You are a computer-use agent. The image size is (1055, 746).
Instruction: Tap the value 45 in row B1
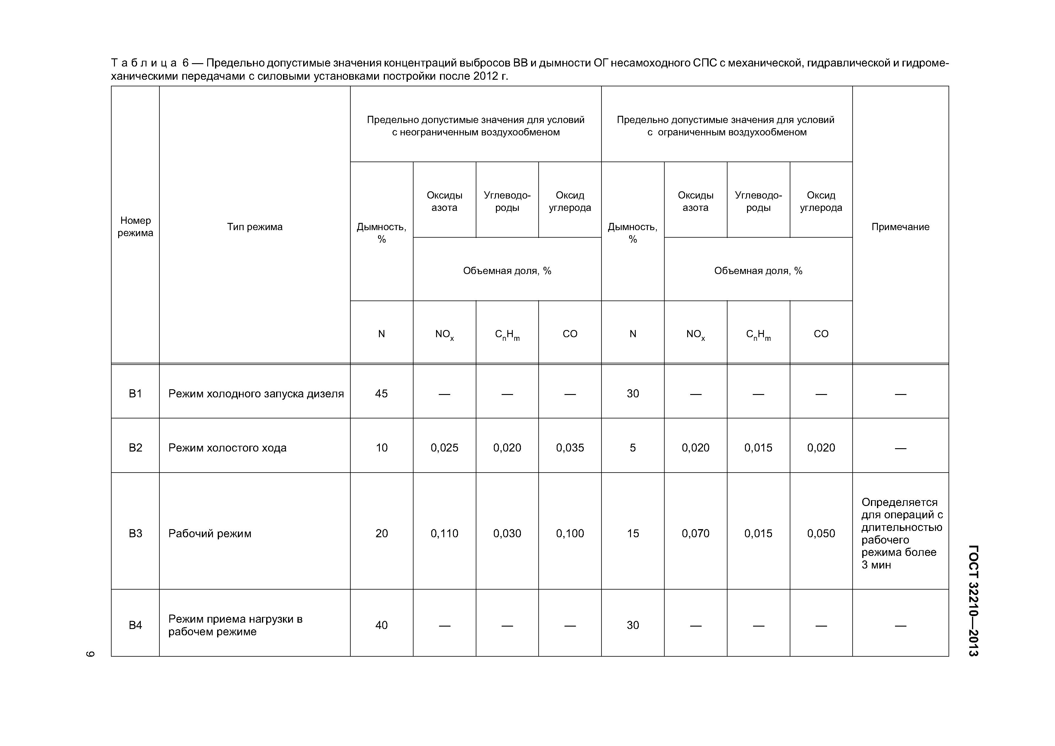tap(381, 393)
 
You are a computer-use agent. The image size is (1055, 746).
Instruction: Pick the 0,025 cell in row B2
tap(444, 448)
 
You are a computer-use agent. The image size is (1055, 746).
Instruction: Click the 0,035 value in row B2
tap(570, 448)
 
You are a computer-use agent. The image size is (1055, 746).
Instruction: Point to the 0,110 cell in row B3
tap(444, 533)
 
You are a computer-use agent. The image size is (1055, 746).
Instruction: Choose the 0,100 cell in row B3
tap(570, 533)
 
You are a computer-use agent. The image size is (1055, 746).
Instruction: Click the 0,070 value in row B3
tap(695, 533)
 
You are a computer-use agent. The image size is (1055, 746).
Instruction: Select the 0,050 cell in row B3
tap(821, 533)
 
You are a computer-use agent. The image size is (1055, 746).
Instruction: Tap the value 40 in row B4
tap(381, 625)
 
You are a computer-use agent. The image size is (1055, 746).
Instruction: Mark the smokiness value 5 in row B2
tap(633, 448)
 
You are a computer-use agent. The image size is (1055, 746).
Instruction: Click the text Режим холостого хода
tap(227, 448)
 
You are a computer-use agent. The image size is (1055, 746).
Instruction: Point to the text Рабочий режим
tap(210, 533)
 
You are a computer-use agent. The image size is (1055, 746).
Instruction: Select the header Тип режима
tap(254, 227)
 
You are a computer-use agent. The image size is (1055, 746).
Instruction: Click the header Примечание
tap(900, 227)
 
